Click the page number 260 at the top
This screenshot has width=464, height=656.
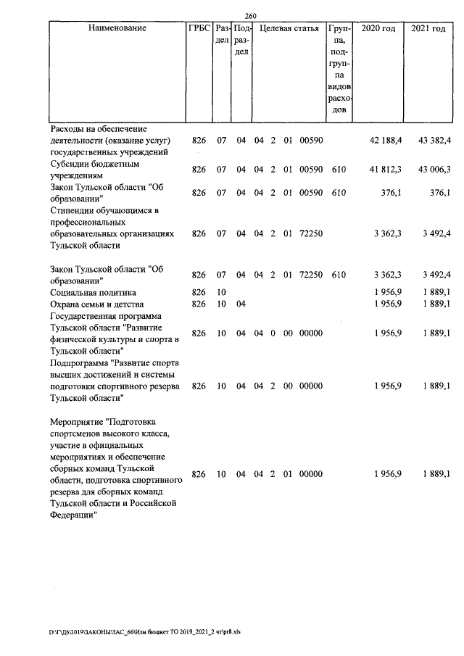click(x=252, y=17)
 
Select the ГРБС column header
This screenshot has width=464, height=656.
click(x=199, y=28)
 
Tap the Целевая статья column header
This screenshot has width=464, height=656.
click(x=289, y=28)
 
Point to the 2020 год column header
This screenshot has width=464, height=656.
click(x=378, y=28)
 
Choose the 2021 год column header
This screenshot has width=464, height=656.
click(x=428, y=28)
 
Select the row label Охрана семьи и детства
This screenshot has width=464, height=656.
click(x=96, y=304)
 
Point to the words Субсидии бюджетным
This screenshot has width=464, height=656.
click(x=94, y=164)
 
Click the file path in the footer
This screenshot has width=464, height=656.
click(x=145, y=631)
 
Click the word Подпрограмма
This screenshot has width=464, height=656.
click(x=81, y=362)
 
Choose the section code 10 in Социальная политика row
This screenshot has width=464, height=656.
click(x=221, y=292)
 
